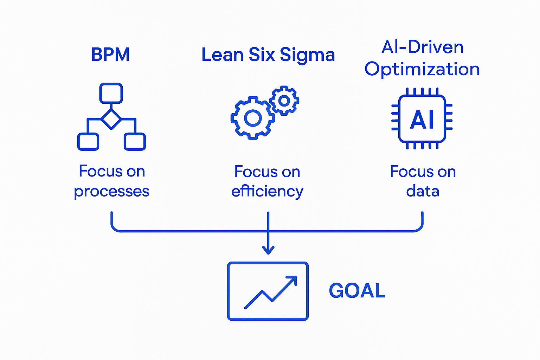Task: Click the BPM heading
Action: point(110,55)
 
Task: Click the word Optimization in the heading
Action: point(422,69)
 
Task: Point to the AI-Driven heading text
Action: point(423,47)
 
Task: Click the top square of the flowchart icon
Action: point(111,93)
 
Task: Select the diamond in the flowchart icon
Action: point(111,119)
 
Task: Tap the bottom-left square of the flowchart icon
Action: point(88,142)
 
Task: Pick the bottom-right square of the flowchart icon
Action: point(135,142)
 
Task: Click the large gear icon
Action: point(252,118)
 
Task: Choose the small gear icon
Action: point(284,101)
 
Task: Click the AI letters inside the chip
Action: point(422,120)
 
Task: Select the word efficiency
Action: point(267,192)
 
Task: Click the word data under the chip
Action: point(423,192)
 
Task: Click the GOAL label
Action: point(357,291)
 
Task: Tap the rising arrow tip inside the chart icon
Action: point(294,279)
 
